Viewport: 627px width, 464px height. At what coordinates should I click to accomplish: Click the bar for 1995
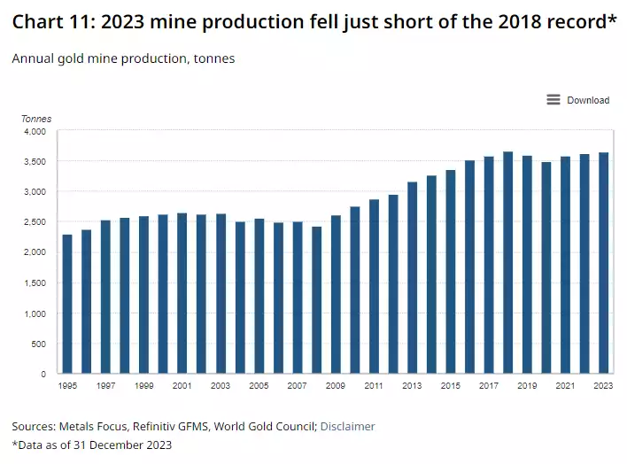click(x=67, y=304)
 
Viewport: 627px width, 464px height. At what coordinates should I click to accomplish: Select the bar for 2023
click(x=603, y=263)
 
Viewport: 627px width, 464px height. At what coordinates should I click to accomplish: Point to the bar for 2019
click(x=527, y=265)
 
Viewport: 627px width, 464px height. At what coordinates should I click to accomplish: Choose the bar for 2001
click(x=182, y=293)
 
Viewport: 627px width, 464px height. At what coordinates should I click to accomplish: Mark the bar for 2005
click(x=259, y=296)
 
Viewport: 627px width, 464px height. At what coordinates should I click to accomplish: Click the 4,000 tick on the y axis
click(x=34, y=131)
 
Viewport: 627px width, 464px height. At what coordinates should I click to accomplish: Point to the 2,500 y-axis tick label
click(x=34, y=222)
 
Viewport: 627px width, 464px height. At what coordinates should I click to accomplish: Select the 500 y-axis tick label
click(x=37, y=344)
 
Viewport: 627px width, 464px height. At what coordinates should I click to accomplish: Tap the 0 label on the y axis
click(x=43, y=374)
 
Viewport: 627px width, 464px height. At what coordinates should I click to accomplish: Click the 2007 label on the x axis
click(x=297, y=386)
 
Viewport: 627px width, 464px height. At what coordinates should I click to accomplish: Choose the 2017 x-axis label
click(x=488, y=386)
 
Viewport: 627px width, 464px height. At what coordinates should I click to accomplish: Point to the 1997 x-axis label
click(x=105, y=386)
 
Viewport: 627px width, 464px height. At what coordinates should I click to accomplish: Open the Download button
click(x=588, y=100)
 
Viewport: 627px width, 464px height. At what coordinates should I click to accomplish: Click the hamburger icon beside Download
click(x=553, y=100)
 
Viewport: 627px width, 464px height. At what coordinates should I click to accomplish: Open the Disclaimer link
click(x=347, y=426)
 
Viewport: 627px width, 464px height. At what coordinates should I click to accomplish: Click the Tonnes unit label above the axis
click(x=36, y=119)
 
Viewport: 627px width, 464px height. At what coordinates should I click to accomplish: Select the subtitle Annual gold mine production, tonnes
click(x=123, y=58)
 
